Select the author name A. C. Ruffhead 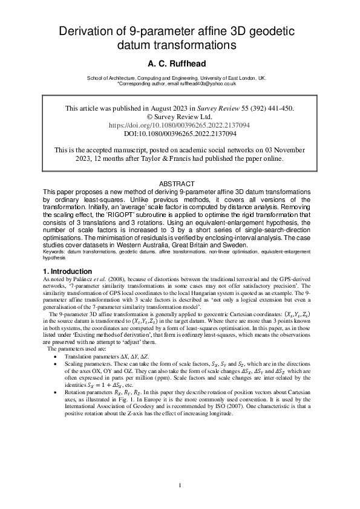[x=180, y=63]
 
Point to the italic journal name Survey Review [x=224, y=109]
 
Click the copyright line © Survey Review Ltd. [x=180, y=117]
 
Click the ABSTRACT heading [x=180, y=184]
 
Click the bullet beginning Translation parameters [x=94, y=356]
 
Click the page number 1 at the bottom [x=180, y=485]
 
